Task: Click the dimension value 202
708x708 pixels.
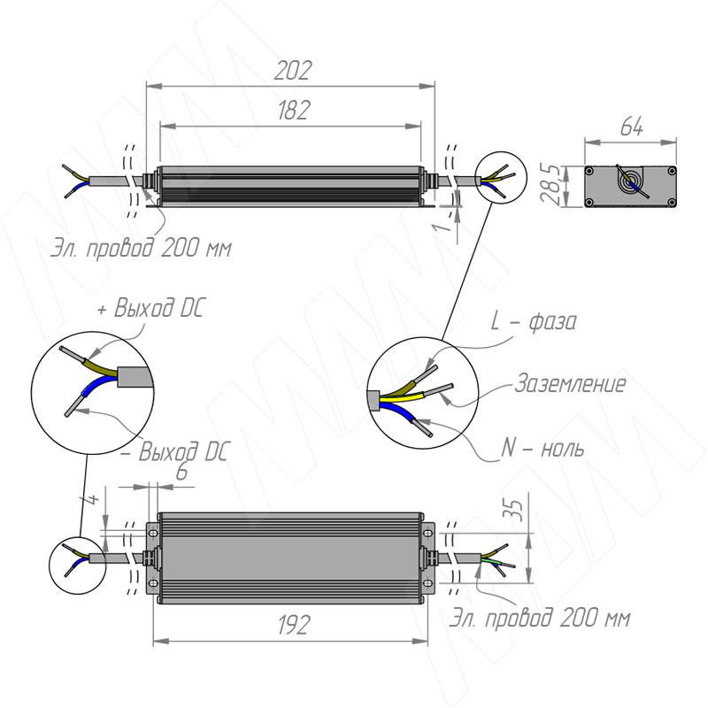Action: tap(293, 70)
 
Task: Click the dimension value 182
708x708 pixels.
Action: tap(293, 111)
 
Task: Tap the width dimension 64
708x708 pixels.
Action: tap(630, 127)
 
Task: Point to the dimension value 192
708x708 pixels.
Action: tap(291, 626)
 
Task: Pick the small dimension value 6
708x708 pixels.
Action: tap(181, 473)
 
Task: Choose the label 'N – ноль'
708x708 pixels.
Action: tap(542, 448)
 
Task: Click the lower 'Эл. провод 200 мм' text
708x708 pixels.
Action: tap(540, 617)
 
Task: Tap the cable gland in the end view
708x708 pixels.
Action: tap(631, 184)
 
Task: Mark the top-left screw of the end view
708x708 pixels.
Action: tap(590, 170)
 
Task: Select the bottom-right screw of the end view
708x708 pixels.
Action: tap(672, 203)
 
